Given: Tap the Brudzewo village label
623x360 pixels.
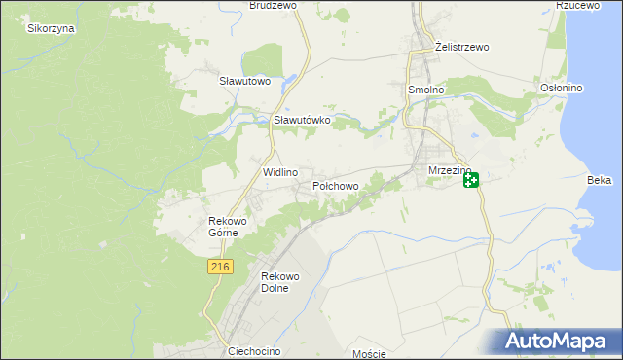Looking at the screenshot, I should point(273,6).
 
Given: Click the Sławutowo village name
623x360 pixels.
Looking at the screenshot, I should point(244,81).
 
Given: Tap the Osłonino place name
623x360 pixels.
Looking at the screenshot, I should point(561,89).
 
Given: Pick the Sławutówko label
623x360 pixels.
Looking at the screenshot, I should point(303,120).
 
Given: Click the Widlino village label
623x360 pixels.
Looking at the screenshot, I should point(279,171).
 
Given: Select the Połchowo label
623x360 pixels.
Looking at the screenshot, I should point(336,185).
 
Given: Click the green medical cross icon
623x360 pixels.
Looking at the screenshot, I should point(471,180).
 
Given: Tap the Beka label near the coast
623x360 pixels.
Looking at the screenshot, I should point(599,180).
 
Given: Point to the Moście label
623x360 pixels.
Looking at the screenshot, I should point(370,354).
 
